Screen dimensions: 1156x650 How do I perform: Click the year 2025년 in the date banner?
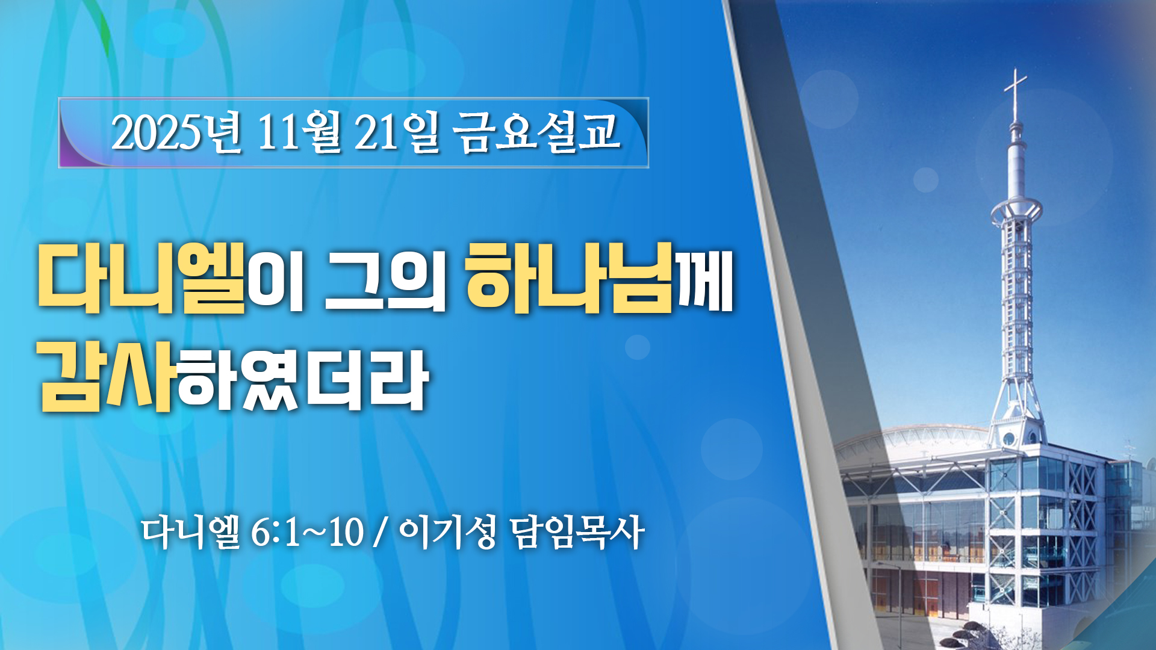point(176,132)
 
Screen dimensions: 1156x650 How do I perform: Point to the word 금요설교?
point(536,132)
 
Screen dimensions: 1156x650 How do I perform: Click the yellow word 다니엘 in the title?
point(142,277)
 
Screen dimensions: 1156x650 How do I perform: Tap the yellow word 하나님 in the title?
point(570,277)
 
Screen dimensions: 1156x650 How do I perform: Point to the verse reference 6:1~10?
point(307,532)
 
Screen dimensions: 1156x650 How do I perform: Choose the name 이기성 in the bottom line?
point(447,532)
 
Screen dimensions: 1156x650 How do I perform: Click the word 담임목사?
point(577,532)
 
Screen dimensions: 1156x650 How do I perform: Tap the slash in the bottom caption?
point(379,533)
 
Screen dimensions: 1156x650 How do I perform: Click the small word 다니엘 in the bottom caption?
point(191,532)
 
